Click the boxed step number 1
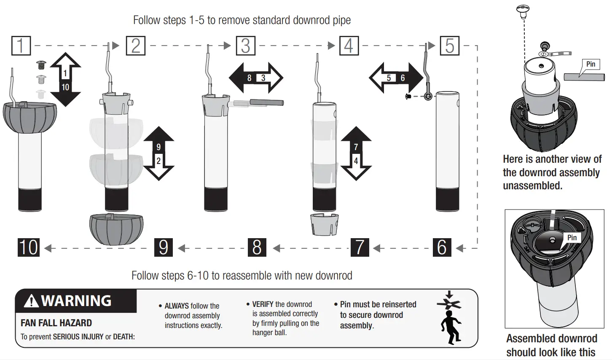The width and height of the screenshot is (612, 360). click(x=21, y=46)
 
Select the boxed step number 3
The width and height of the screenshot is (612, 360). click(x=246, y=46)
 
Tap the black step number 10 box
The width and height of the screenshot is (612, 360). click(x=29, y=247)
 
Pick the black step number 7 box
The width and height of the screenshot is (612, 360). click(x=360, y=247)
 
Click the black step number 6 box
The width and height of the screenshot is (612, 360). click(x=442, y=247)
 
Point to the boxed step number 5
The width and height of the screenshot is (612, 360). click(x=449, y=46)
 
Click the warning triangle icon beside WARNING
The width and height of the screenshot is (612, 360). click(x=31, y=301)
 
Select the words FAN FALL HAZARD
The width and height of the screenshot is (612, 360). click(x=56, y=323)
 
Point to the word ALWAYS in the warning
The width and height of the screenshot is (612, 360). click(x=177, y=306)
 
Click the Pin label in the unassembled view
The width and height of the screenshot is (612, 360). click(x=591, y=64)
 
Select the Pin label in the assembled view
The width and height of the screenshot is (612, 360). click(x=572, y=238)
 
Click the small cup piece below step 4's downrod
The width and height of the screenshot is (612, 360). click(x=324, y=224)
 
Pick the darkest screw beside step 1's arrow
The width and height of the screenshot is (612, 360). click(x=41, y=65)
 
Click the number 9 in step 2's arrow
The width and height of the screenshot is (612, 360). click(x=158, y=147)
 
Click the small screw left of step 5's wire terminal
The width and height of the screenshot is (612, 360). click(x=408, y=97)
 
